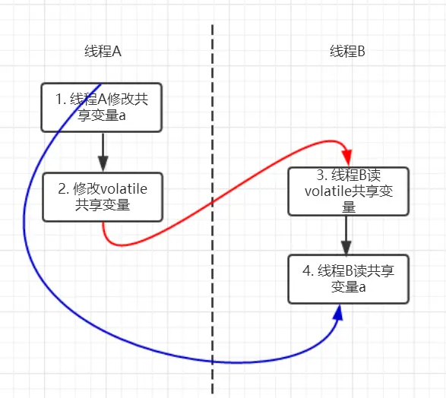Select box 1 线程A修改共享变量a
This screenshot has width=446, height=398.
click(102, 107)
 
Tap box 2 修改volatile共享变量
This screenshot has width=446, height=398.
click(102, 197)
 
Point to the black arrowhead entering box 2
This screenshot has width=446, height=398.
click(103, 163)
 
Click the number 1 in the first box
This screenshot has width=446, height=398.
click(59, 99)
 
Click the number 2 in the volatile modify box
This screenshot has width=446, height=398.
click(62, 189)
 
